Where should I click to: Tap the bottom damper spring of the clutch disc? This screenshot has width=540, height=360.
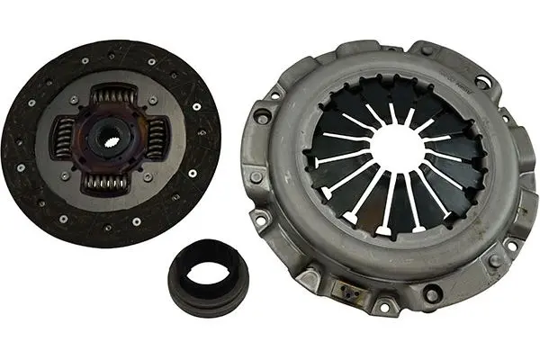point(107,182)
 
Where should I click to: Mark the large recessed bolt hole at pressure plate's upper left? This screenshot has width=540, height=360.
point(262,116)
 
